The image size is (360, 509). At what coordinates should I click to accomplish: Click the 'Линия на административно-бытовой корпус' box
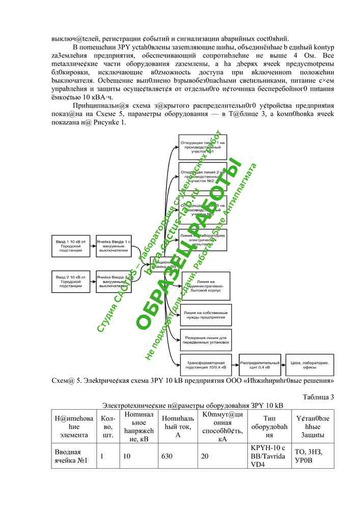pos(206,286)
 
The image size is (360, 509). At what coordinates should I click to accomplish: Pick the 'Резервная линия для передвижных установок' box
pos(206,340)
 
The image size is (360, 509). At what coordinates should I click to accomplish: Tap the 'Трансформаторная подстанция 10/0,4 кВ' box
pos(206,364)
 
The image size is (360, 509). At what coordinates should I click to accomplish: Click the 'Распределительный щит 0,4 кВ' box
pos(259,364)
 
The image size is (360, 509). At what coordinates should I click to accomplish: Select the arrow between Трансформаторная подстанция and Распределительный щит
pos(235,364)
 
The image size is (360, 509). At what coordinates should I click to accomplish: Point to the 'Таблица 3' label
pos(318,397)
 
